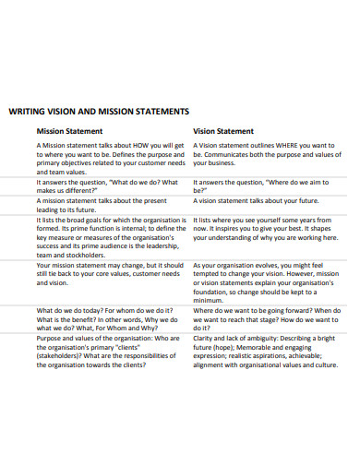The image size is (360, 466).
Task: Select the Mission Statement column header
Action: coord(69,131)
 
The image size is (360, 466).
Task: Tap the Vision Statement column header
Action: coord(222,131)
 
